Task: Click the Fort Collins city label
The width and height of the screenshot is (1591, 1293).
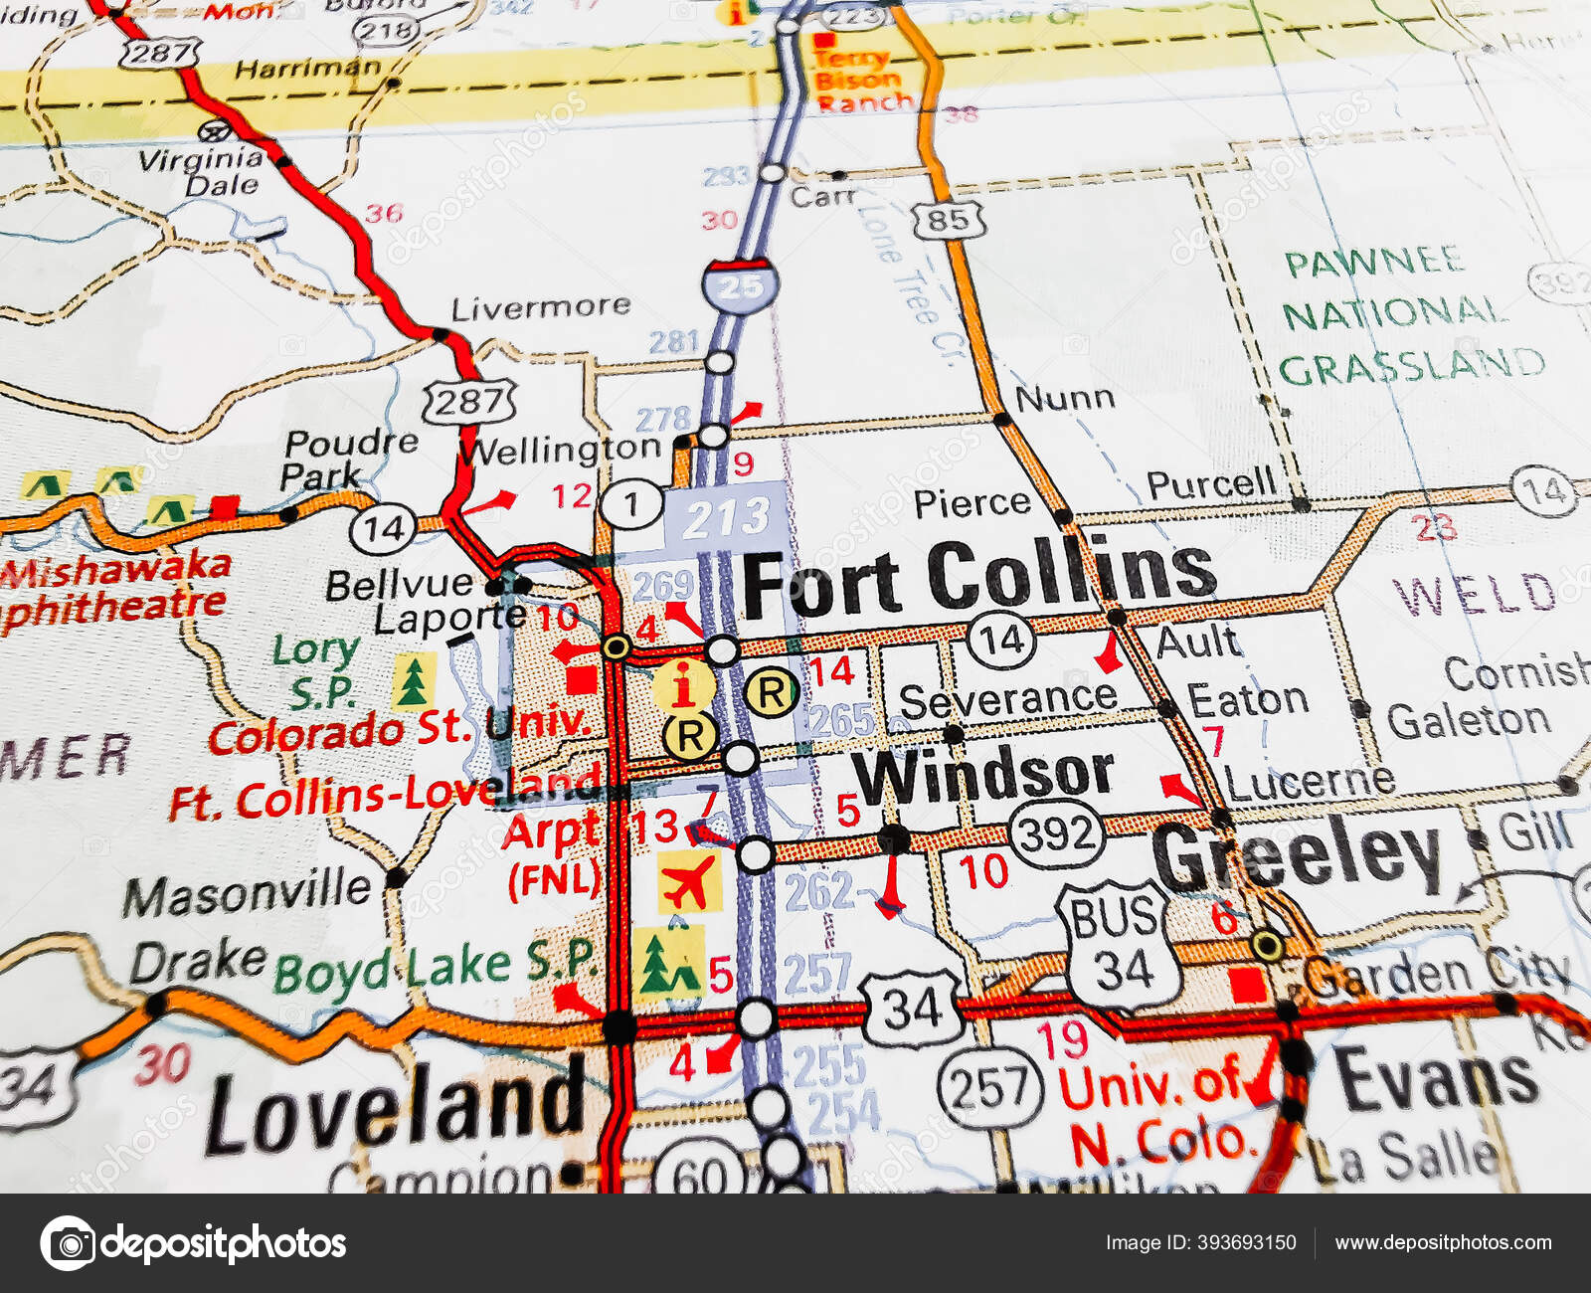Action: [978, 578]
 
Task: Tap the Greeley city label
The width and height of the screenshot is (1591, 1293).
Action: [1298, 855]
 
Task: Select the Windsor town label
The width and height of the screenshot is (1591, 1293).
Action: [983, 775]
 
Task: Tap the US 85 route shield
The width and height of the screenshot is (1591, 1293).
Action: [949, 219]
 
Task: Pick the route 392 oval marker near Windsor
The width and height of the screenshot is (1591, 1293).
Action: [1056, 833]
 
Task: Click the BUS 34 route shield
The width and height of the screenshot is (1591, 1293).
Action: [1121, 944]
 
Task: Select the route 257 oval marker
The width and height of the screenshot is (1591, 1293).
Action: [989, 1087]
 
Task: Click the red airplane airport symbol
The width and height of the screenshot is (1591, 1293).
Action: [689, 881]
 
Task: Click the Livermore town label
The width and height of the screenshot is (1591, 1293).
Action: [540, 307]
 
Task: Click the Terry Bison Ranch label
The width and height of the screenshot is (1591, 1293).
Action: [861, 80]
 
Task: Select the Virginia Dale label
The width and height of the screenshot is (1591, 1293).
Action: [204, 171]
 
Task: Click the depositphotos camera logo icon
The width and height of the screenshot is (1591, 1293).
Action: [68, 1242]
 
